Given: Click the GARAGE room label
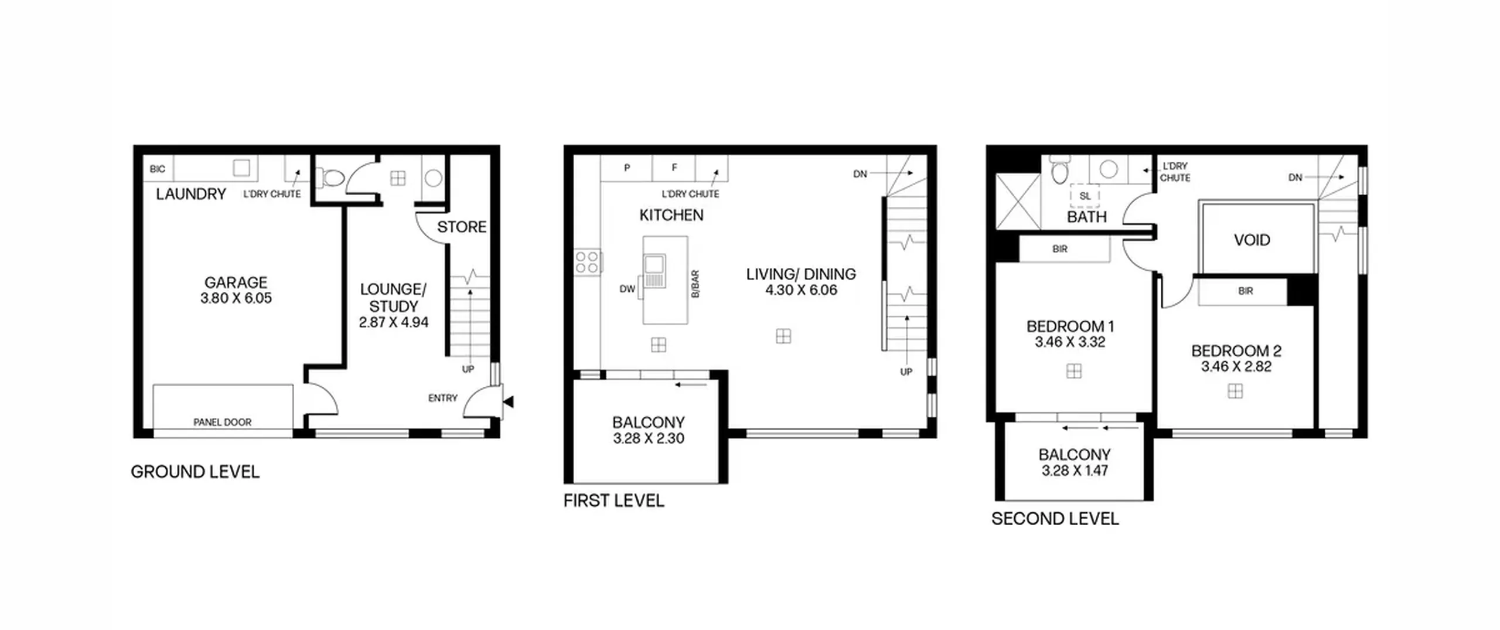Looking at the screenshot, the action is pos(236,282).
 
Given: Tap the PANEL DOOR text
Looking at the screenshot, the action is pos(222,422).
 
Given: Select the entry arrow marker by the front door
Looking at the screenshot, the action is pos(509,401).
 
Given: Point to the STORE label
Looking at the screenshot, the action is pos(462,227).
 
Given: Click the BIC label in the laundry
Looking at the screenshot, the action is pos(158,169).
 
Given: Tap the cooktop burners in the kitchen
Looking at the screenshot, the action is pos(587,262).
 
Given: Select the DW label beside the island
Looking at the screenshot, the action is pos(627,289).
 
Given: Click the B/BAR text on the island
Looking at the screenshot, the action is pos(695,284).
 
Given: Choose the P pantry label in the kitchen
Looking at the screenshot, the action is pos(627,168).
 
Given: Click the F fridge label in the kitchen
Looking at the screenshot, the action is pos(674,168).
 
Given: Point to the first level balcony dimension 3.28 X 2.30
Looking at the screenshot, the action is pos(649,438).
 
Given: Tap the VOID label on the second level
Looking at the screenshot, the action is pos(1252,240).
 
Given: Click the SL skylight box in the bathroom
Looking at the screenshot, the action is pos(1085,196).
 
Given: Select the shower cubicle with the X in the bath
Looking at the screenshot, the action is pos(1018,201).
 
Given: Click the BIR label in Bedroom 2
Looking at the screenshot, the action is pos(1246,291).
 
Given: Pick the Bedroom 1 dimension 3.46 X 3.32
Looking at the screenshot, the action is pos(1070,342).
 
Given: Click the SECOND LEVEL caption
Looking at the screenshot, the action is pos(1055,519).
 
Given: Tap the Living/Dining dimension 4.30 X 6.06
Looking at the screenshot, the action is pos(801,290).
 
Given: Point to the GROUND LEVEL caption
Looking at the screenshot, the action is pos(195,472).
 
